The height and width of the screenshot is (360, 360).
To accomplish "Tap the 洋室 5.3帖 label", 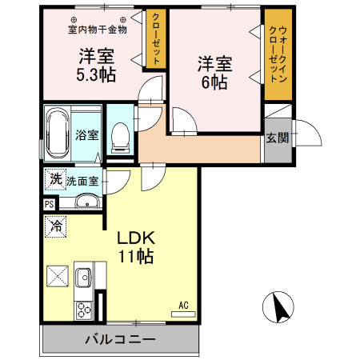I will pos(96,66).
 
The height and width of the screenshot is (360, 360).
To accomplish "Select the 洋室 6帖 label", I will pos(214,70).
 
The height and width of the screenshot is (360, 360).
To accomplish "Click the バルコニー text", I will pos(120,340).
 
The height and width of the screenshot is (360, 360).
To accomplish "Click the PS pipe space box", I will pos(50,205).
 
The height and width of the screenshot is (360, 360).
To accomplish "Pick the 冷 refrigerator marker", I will pos(56,226).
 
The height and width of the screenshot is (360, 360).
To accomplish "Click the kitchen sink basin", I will pos(82,279).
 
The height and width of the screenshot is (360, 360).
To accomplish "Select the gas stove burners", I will pos(82,308).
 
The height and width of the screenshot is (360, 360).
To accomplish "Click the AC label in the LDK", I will pos(183,305).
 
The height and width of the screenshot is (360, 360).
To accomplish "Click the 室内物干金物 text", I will pos(96,30).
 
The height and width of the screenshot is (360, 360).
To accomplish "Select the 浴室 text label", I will pos(87,134).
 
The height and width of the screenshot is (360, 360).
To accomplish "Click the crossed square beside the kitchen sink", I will pos(58,278).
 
